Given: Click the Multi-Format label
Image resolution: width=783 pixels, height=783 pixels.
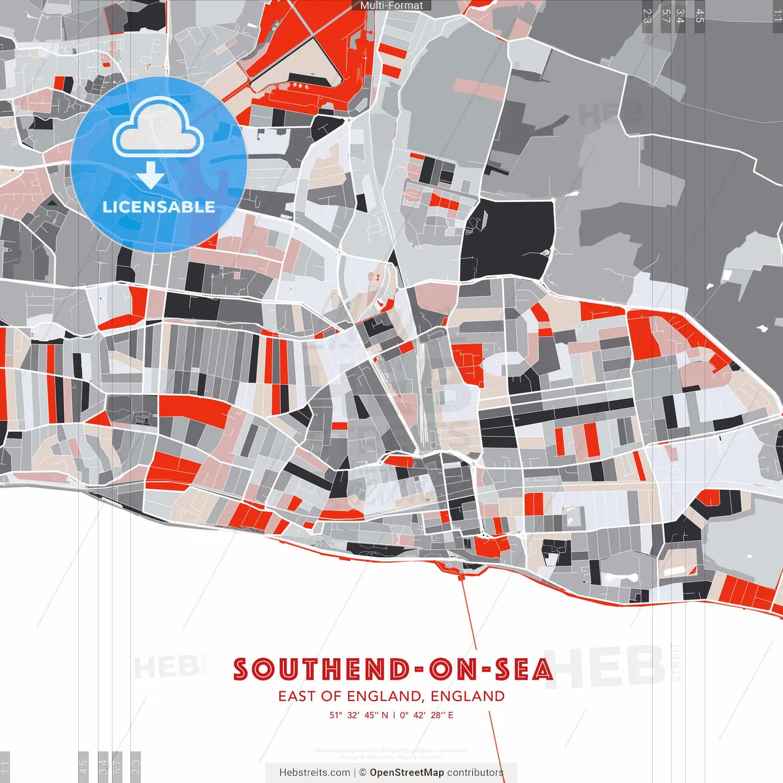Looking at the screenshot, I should coord(391,6).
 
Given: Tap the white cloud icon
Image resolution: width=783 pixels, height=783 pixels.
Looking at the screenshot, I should coord(158,128).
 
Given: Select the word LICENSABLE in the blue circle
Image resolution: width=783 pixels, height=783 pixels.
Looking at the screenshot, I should coord(159,207).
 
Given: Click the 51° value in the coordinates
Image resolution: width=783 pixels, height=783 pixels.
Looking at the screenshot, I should coord(336,715).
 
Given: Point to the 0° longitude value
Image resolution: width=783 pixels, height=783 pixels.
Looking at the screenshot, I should coord(404,715).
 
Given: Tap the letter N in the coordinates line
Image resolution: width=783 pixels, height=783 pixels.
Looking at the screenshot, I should coord(385,715).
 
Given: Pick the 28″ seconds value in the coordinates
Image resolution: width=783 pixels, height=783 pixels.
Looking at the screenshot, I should coord(438,715).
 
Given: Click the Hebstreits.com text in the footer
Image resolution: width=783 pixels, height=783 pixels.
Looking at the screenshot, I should coord(314,773).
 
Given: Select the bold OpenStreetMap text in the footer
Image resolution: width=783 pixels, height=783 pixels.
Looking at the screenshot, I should coord(407,773).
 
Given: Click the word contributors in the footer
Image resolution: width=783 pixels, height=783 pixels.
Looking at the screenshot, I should coord(475,773).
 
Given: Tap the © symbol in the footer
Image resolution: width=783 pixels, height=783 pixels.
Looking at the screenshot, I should coord(363,773).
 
